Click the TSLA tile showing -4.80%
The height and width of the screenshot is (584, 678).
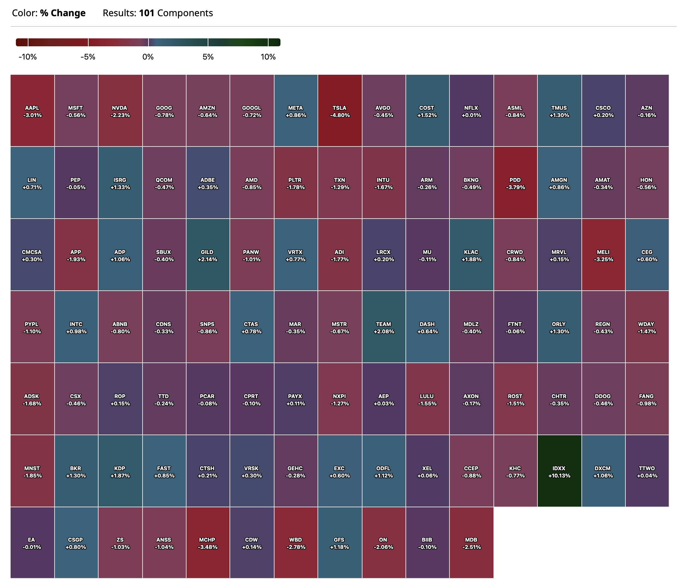pyautogui.click(x=340, y=110)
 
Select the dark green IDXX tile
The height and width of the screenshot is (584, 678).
pyautogui.click(x=559, y=471)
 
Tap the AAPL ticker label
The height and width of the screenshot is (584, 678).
pyautogui.click(x=32, y=108)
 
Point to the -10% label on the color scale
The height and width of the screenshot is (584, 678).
pyautogui.click(x=28, y=57)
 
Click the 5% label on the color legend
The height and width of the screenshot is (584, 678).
pyautogui.click(x=208, y=57)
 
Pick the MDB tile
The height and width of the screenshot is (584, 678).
pyautogui.click(x=471, y=543)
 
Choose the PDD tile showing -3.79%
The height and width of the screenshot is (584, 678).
pyautogui.click(x=515, y=183)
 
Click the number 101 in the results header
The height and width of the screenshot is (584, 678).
pyautogui.click(x=147, y=13)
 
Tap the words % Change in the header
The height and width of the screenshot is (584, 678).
pyautogui.click(x=63, y=13)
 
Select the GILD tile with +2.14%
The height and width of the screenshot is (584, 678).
pyautogui.click(x=207, y=255)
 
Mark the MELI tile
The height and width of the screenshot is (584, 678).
pyautogui.click(x=603, y=255)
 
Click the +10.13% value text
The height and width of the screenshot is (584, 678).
pyautogui.click(x=559, y=476)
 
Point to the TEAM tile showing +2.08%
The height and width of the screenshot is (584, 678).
pyautogui.click(x=384, y=327)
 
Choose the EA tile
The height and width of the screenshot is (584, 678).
pyautogui.click(x=32, y=543)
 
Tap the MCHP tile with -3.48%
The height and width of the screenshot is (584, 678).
pyautogui.click(x=208, y=543)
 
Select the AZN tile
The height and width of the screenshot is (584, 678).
pyautogui.click(x=647, y=110)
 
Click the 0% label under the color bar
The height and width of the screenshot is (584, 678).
pyautogui.click(x=148, y=57)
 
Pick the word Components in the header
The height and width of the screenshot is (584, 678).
pyautogui.click(x=185, y=13)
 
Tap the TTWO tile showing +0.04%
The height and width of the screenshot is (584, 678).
pyautogui.click(x=647, y=471)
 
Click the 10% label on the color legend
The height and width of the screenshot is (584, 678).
pyautogui.click(x=268, y=57)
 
